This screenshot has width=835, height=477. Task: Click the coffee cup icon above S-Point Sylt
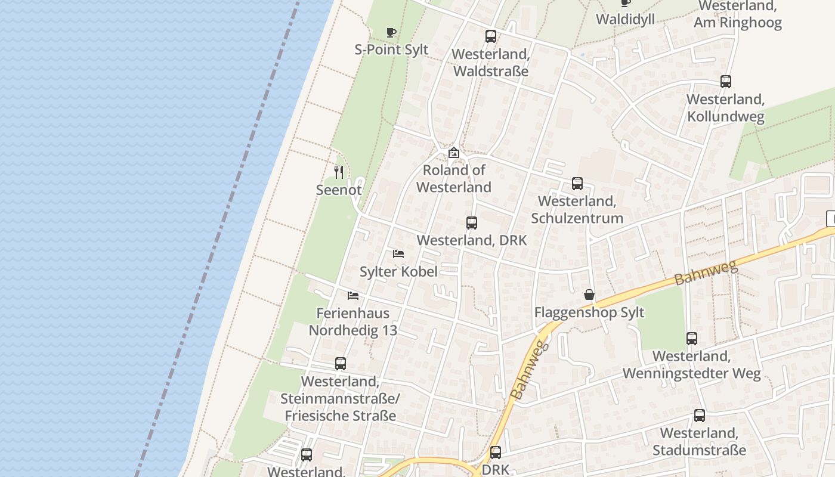[x=391, y=32]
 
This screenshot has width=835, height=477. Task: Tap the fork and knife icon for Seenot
[x=339, y=172]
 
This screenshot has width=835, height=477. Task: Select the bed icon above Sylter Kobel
[x=398, y=254]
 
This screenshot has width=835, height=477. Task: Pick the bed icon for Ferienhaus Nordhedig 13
[x=353, y=296]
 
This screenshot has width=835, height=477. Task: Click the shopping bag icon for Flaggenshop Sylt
[x=589, y=295]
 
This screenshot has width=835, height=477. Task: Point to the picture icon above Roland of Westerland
[x=454, y=153]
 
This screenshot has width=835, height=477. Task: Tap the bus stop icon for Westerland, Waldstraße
[x=491, y=36]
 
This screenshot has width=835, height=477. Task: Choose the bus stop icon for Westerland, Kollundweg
[x=726, y=82]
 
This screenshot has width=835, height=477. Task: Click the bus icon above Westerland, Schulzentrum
[x=577, y=184]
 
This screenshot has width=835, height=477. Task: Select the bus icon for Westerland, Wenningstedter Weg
[x=692, y=339]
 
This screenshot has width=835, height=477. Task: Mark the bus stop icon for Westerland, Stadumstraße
[x=700, y=416]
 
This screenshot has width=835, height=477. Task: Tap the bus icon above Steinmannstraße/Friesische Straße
[x=341, y=364]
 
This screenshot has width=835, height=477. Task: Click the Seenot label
[x=339, y=190]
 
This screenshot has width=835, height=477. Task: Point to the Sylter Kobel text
[x=398, y=271]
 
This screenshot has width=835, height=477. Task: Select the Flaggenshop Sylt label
[x=589, y=312]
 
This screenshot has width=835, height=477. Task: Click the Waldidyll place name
[x=625, y=19]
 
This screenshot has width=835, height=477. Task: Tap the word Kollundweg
[x=726, y=116]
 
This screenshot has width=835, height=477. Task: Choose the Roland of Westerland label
[x=454, y=178]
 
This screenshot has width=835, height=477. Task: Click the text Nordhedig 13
[x=352, y=330]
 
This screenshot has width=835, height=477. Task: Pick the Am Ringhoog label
[x=737, y=23]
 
